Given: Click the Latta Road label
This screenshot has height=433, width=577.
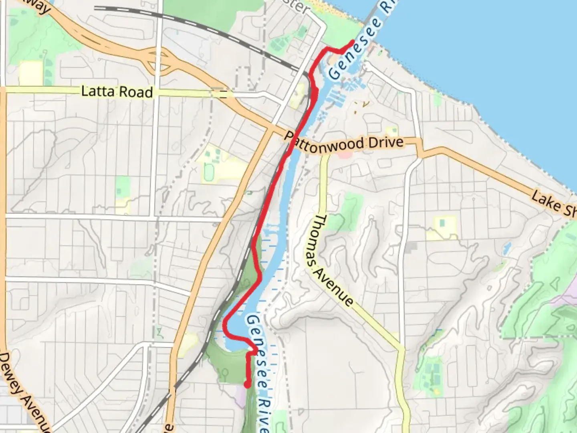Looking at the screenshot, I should pos(117,92).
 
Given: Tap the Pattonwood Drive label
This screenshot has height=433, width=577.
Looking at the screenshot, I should pos(344,142).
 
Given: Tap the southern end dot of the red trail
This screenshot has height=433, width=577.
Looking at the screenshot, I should pos(248,385).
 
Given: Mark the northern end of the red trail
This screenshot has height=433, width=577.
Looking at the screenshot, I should pos(352,42).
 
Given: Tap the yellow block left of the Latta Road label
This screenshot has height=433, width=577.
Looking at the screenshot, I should pos(30,73).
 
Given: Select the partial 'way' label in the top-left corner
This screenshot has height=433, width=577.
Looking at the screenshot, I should pos(40,6).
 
